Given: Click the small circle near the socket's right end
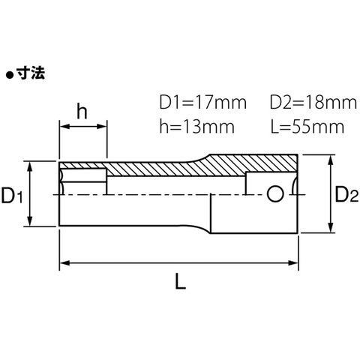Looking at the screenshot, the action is [275, 193].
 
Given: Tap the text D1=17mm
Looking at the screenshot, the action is [203, 103].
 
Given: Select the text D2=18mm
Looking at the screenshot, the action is [313, 103].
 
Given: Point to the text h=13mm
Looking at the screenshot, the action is [197, 126].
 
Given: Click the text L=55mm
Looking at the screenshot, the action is [307, 127].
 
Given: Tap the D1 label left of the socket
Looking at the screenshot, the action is [12, 195].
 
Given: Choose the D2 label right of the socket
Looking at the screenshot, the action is [346, 194].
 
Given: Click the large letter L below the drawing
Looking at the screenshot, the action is [181, 280].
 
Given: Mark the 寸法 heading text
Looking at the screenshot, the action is [31, 73].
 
